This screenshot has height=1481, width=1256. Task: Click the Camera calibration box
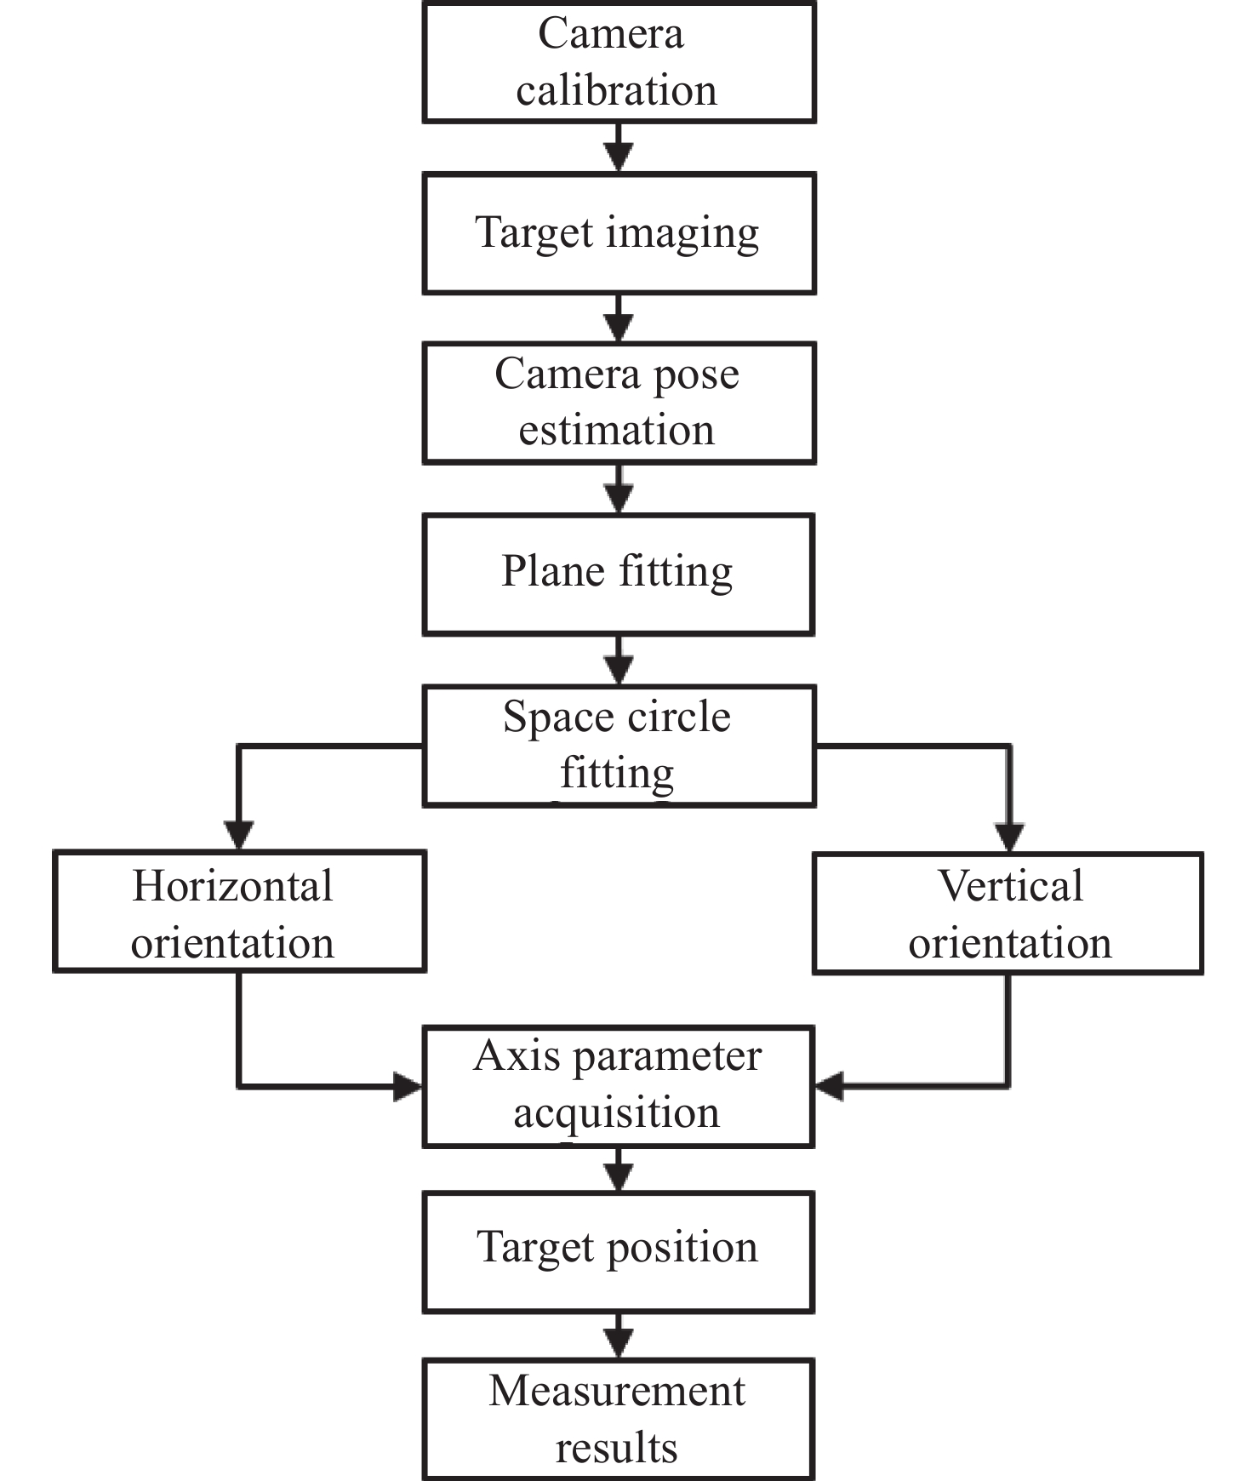[x=619, y=62]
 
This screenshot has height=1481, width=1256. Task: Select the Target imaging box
[x=619, y=233]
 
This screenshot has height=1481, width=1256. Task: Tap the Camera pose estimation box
[x=619, y=403]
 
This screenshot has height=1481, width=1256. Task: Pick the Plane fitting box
[x=619, y=574]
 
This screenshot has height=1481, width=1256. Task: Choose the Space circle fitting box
[x=619, y=746]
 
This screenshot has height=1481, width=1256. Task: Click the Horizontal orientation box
[x=239, y=911]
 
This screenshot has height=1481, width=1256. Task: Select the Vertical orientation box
[x=1008, y=912]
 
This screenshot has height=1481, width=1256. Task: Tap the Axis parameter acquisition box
[x=619, y=1086]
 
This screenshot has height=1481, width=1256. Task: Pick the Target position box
[x=619, y=1250]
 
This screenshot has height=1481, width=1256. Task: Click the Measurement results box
[x=619, y=1419]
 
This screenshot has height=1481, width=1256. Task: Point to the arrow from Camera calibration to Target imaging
[x=619, y=148]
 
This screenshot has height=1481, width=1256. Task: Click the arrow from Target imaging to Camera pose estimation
[x=619, y=319]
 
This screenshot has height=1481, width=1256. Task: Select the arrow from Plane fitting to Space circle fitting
[x=619, y=660]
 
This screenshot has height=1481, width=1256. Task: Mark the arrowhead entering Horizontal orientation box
[x=239, y=835]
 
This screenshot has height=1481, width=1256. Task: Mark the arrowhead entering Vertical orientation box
[x=1009, y=838]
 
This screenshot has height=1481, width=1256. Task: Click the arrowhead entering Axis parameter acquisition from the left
[x=408, y=1086]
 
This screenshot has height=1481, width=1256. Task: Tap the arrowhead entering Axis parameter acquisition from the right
[x=830, y=1086]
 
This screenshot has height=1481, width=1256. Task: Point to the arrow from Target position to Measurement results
[x=619, y=1336]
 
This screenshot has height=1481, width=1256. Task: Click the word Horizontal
[x=232, y=886]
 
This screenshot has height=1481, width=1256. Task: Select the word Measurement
[x=617, y=1392]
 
